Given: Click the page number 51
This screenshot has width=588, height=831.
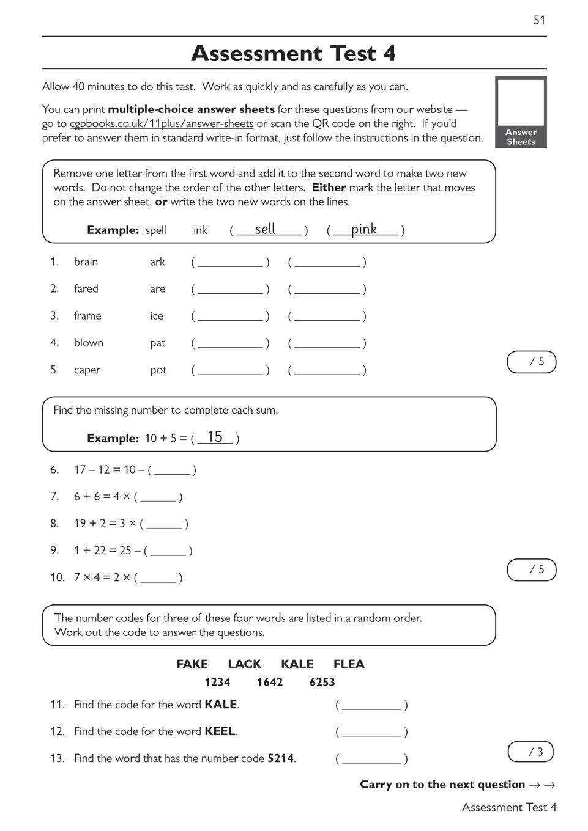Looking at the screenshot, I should click(x=539, y=20).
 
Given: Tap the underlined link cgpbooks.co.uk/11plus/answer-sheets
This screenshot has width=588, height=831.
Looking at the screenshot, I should click(x=162, y=124).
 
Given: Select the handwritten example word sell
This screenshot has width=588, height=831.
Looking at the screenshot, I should click(x=265, y=229).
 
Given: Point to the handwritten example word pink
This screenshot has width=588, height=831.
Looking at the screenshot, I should click(x=363, y=229).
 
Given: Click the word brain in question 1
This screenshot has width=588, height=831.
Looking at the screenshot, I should click(x=86, y=262).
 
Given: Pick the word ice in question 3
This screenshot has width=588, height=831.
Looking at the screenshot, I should click(x=157, y=316).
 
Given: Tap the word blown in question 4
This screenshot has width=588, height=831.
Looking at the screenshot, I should click(x=89, y=343).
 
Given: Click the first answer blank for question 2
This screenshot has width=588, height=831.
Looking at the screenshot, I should click(x=230, y=290).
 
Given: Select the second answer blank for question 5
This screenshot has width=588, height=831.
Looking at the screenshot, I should click(x=327, y=371).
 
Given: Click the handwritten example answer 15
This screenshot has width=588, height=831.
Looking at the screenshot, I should click(x=215, y=437).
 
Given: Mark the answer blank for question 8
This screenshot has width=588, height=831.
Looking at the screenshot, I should click(x=164, y=524).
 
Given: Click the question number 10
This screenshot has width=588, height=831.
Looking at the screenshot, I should click(x=57, y=577).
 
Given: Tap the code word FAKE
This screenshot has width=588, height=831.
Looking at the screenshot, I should click(x=192, y=664).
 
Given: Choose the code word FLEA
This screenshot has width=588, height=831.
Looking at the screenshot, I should click(x=349, y=664).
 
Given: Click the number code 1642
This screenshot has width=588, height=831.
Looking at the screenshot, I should click(x=270, y=683).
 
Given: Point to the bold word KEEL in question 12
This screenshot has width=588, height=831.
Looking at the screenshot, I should click(x=220, y=731).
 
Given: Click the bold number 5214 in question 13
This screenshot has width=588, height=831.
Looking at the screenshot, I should click(x=281, y=758).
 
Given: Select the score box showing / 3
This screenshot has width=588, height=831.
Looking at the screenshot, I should click(x=530, y=752).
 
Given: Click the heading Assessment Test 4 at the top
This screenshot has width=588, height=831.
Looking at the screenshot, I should click(x=294, y=54).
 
